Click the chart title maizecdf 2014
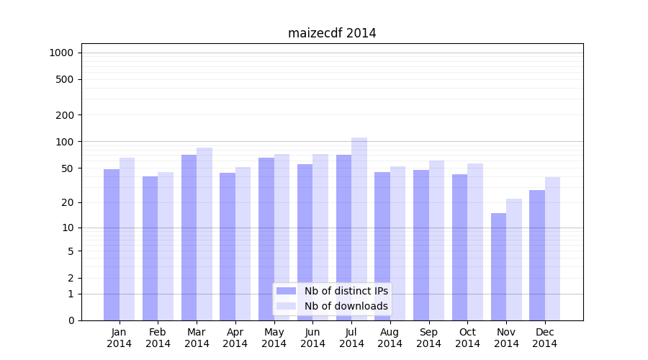[x=332, y=33]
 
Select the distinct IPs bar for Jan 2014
[x=112, y=245]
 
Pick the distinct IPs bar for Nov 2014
[x=498, y=266]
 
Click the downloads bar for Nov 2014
[x=514, y=259]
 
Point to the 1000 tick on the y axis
[x=61, y=53]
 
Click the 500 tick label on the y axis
[x=65, y=79]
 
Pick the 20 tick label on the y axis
[x=67, y=202]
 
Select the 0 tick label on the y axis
[x=71, y=320]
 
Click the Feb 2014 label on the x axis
[x=158, y=338]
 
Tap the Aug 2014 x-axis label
[x=390, y=338]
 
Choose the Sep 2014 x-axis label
[x=428, y=338]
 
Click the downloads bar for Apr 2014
[x=243, y=244]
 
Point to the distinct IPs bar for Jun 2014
[x=305, y=242]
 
